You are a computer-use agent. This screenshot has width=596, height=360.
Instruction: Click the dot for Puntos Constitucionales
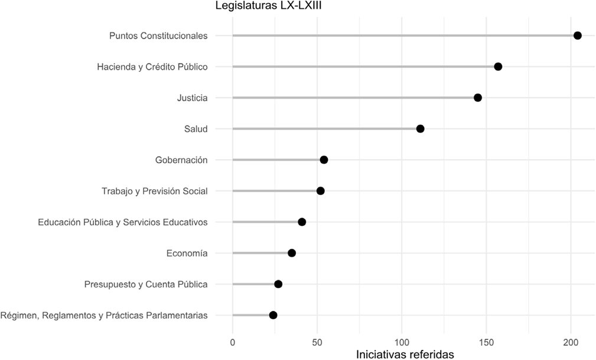(578, 35)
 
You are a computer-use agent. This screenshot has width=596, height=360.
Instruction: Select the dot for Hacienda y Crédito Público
(498, 66)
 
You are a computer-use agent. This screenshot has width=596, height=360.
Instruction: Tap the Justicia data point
(478, 98)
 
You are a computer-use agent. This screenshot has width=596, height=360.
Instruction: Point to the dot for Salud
(420, 129)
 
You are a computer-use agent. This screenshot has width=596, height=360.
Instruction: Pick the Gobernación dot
(324, 160)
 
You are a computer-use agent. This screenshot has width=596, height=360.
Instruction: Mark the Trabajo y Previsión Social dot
(320, 191)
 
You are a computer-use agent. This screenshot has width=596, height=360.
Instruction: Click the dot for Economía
(292, 253)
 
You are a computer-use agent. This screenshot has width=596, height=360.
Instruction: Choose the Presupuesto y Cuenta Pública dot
(278, 284)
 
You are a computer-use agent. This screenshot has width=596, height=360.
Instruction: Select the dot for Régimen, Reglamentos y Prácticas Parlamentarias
(273, 315)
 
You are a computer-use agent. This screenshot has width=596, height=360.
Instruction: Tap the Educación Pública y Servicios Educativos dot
(302, 222)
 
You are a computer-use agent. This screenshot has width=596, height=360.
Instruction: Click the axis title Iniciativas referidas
(405, 354)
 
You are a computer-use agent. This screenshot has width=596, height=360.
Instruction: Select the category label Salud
(196, 129)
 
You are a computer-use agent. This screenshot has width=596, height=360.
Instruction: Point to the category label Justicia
(192, 98)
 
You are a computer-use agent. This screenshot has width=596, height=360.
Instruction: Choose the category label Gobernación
(181, 160)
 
